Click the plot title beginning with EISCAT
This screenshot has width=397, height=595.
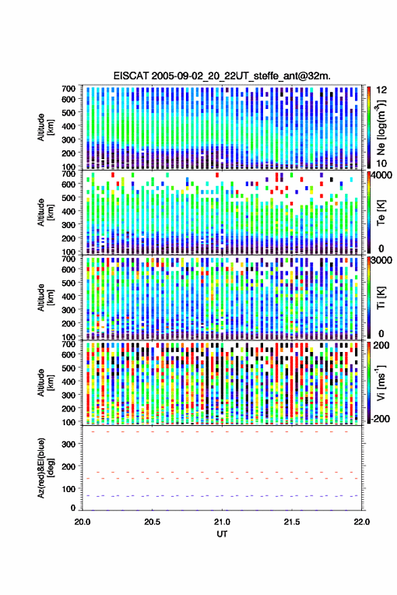tap(222, 76)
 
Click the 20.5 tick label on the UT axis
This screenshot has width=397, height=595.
tap(152, 522)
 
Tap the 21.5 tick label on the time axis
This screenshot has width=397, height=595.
tap(291, 522)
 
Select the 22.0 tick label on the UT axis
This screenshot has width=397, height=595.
tap(362, 522)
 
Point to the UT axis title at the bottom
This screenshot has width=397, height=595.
tap(222, 534)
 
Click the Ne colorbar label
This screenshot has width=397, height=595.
tap(381, 127)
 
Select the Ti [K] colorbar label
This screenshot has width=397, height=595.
tap(381, 299)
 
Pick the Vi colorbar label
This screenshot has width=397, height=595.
tap(381, 383)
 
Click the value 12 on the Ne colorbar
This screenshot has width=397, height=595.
tap(381, 90)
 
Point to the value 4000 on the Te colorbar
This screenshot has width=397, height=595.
tap(381, 175)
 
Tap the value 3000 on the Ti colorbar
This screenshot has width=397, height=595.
tap(381, 261)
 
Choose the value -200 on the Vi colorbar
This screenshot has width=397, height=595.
tap(380, 418)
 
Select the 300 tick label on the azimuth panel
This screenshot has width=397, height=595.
tap(68, 444)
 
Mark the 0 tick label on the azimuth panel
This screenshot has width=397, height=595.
tap(73, 508)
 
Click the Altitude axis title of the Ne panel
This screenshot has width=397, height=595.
tap(45, 127)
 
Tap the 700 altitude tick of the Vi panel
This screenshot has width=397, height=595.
tap(68, 344)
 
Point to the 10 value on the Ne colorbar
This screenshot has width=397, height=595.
tap(381, 164)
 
